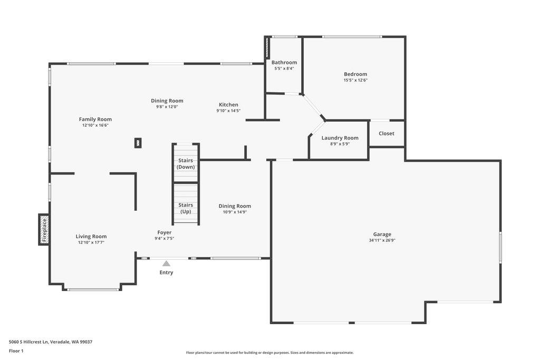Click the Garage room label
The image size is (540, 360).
pyautogui.click(x=382, y=234)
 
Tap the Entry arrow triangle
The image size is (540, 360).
pyautogui.click(x=166, y=264)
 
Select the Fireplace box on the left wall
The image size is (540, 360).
pyautogui.click(x=44, y=229)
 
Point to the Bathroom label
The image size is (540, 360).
pyautogui.click(x=284, y=62)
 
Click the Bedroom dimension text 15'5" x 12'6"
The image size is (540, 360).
pyautogui.click(x=355, y=81)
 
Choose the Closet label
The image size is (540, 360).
pyautogui.click(x=387, y=133)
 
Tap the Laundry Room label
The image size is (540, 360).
pyautogui.click(x=340, y=138)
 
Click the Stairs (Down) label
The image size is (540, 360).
pyautogui.click(x=186, y=163)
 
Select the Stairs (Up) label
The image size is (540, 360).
pyautogui.click(x=186, y=208)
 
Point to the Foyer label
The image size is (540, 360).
pyautogui.click(x=164, y=232)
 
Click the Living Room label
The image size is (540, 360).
pyautogui.click(x=91, y=236)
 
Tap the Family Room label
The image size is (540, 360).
pyautogui.click(x=95, y=119)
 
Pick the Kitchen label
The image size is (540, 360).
pyautogui.click(x=228, y=104)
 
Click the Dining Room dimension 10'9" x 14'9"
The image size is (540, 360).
pyautogui.click(x=235, y=212)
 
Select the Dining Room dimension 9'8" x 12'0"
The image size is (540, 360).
pyautogui.click(x=167, y=107)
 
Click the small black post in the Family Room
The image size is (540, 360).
pyautogui.click(x=138, y=143)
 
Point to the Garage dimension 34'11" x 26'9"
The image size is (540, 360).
pyautogui.click(x=382, y=240)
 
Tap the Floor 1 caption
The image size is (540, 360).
pyautogui.click(x=16, y=351)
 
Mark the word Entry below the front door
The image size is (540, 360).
pyautogui.click(x=166, y=273)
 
